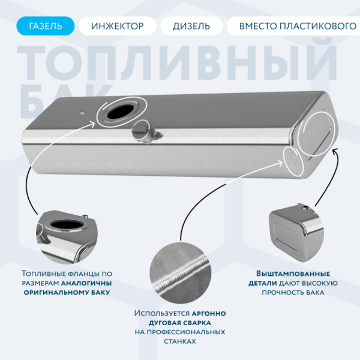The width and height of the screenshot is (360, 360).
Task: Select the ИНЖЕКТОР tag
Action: (118, 26)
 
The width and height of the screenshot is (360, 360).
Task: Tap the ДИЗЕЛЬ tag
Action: (191, 26)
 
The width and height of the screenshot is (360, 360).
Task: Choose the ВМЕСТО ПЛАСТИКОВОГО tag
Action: (293, 26)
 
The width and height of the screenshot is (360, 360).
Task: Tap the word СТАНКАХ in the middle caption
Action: (180, 340)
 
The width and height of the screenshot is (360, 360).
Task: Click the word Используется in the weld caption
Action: (161, 313)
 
